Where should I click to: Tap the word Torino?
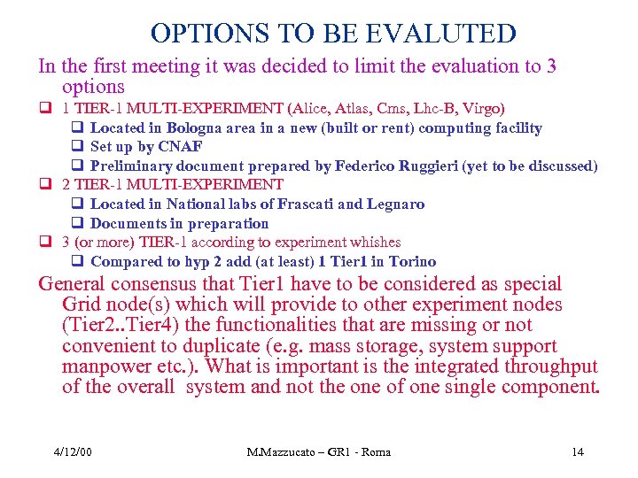click(x=406, y=261)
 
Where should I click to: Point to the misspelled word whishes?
click(x=372, y=243)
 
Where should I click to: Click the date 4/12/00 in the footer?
click(x=72, y=453)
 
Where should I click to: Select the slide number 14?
click(x=577, y=453)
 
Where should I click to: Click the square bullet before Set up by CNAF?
click(x=77, y=147)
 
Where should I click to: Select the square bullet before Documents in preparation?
click(x=77, y=223)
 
